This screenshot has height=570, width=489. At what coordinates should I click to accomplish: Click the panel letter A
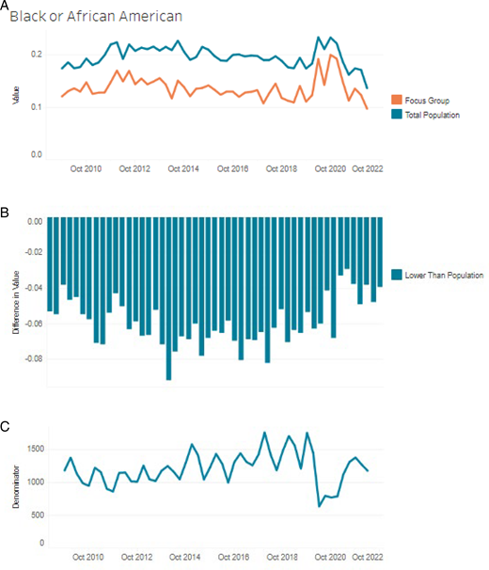tap(6, 7)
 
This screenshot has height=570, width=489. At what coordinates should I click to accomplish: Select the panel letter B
tap(6, 214)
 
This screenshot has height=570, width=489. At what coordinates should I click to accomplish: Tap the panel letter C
tap(6, 427)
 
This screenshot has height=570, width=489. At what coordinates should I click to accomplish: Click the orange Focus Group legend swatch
tap(396, 99)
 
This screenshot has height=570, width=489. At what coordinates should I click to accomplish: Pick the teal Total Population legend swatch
tap(396, 114)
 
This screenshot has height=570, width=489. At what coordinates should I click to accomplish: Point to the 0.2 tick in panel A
tap(36, 55)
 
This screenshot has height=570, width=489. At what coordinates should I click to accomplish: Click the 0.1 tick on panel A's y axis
tap(36, 107)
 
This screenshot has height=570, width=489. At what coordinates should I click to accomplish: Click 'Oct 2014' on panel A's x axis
tap(183, 169)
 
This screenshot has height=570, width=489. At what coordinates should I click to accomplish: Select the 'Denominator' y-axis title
tap(14, 492)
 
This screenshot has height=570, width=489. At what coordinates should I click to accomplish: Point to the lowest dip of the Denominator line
tap(319, 506)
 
